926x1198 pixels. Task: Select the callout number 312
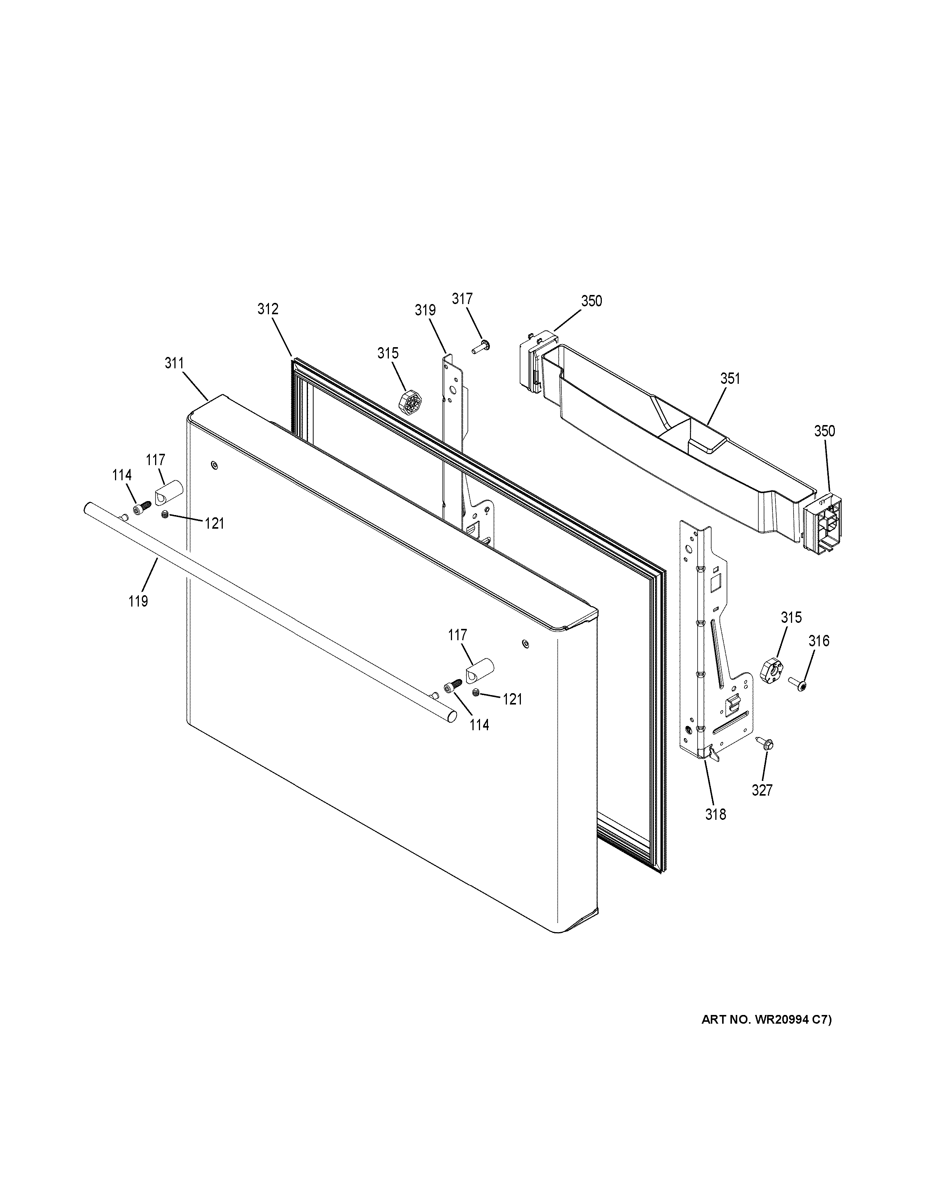coord(268,309)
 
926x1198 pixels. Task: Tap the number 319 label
coord(425,310)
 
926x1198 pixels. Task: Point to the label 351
coord(730,379)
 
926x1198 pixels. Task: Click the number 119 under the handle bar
coord(138,601)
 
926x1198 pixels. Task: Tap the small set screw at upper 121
coord(164,514)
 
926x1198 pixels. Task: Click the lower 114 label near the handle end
coord(479,725)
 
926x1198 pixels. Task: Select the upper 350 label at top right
coord(591,301)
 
